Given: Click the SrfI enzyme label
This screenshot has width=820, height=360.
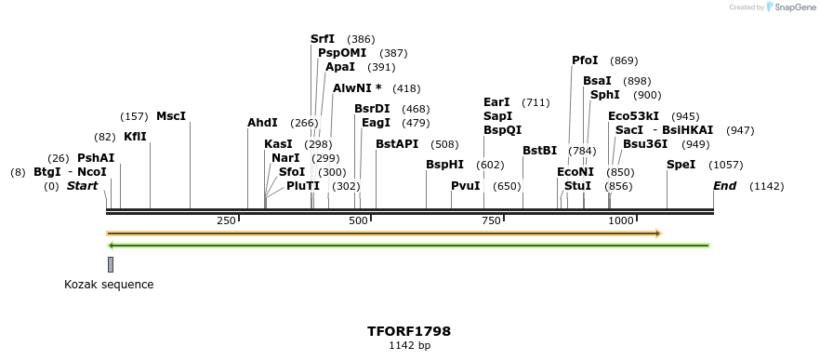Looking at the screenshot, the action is coord(323,39).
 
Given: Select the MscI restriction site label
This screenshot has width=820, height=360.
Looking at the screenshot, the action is coord(171,116).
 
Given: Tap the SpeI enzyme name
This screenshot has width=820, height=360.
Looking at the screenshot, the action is coord(681,165).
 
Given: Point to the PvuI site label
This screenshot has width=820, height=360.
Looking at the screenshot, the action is coord(466,186).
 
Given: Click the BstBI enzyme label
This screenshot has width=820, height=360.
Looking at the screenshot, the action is coord(539,151).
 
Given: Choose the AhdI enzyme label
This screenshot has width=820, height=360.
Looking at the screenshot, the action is coord(262,123).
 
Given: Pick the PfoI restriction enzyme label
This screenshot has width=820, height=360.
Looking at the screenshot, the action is coord(585,60).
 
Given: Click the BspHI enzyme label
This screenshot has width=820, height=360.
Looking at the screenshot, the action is coord(444,165).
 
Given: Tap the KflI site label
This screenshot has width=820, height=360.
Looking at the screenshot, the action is coord(135,137).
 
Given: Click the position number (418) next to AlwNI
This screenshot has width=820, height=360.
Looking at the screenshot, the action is coord(406,88).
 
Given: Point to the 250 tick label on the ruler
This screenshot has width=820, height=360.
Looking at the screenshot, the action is coord(225,220).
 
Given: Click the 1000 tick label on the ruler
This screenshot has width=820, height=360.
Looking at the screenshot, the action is coord(620,220).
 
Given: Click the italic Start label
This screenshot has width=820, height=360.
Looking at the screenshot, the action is coord(82,186).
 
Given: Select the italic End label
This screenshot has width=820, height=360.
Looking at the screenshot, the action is coord(724,186).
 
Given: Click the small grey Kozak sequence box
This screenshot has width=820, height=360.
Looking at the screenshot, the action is coord(111,264).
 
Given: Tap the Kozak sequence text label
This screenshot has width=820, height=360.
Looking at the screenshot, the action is coord(109,285).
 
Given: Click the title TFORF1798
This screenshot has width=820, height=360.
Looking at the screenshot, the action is coord(409,331).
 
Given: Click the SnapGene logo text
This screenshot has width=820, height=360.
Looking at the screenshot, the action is coord(794,7).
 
